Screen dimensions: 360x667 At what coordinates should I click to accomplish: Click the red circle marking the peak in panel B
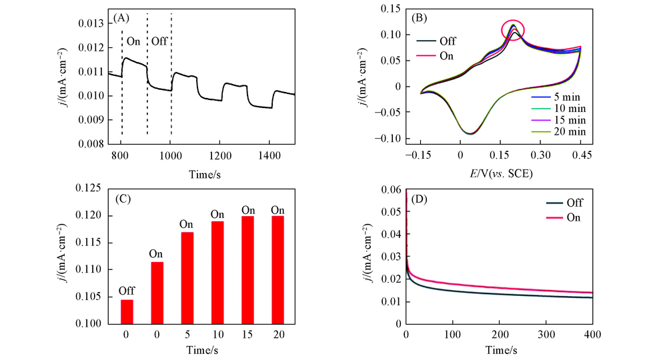pos(513,29)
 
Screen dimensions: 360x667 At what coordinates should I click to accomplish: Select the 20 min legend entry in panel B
pos(560,132)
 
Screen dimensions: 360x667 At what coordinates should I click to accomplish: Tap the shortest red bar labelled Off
pos(126,311)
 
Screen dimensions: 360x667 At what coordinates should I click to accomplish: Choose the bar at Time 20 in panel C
pos(277,269)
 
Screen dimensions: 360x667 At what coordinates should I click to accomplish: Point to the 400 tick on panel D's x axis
pos(592,333)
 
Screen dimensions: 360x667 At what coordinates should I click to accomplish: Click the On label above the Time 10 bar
pos(217,214)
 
